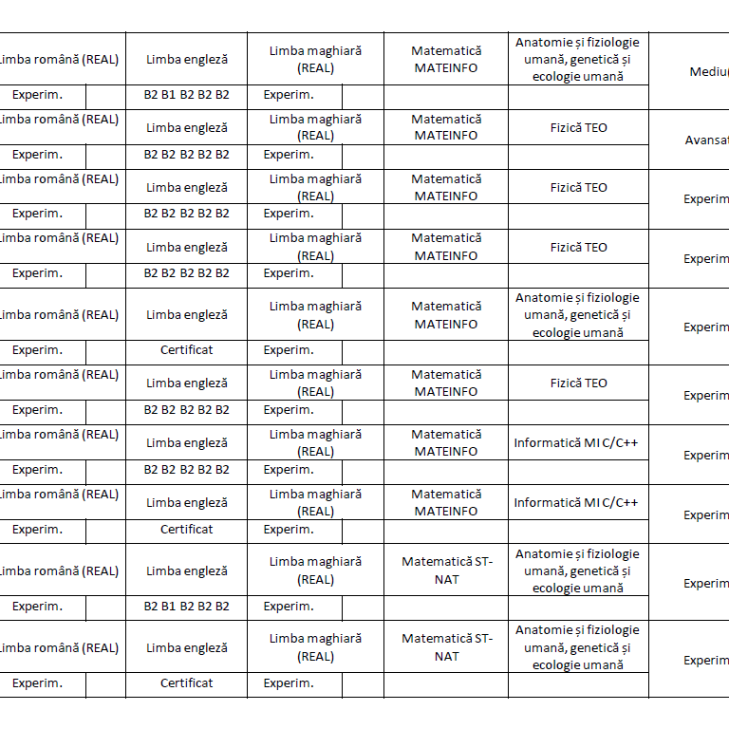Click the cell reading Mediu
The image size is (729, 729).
tap(709, 71)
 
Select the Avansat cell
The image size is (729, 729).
tap(707, 140)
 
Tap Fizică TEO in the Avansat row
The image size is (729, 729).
tap(578, 127)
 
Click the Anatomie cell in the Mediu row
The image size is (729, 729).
tap(577, 59)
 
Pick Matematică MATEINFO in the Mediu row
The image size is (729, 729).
tap(446, 59)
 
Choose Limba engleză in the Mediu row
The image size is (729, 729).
tap(187, 59)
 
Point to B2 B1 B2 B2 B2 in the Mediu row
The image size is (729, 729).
tap(187, 95)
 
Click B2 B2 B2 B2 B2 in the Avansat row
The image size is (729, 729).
tap(187, 154)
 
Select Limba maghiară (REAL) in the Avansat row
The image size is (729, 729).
tap(315, 127)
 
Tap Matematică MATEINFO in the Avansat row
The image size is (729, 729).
tap(446, 127)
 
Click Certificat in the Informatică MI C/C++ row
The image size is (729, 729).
tap(187, 529)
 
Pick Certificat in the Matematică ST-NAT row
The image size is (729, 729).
tap(187, 682)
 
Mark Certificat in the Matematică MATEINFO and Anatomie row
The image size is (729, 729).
tap(187, 349)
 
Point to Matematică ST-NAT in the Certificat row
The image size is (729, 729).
tap(447, 647)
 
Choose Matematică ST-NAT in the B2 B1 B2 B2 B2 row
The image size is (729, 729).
tap(447, 570)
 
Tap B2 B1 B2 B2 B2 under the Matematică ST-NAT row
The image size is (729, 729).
tap(187, 606)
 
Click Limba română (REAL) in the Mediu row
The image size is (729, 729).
tap(59, 59)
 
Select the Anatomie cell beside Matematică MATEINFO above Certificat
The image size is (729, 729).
tap(577, 315)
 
